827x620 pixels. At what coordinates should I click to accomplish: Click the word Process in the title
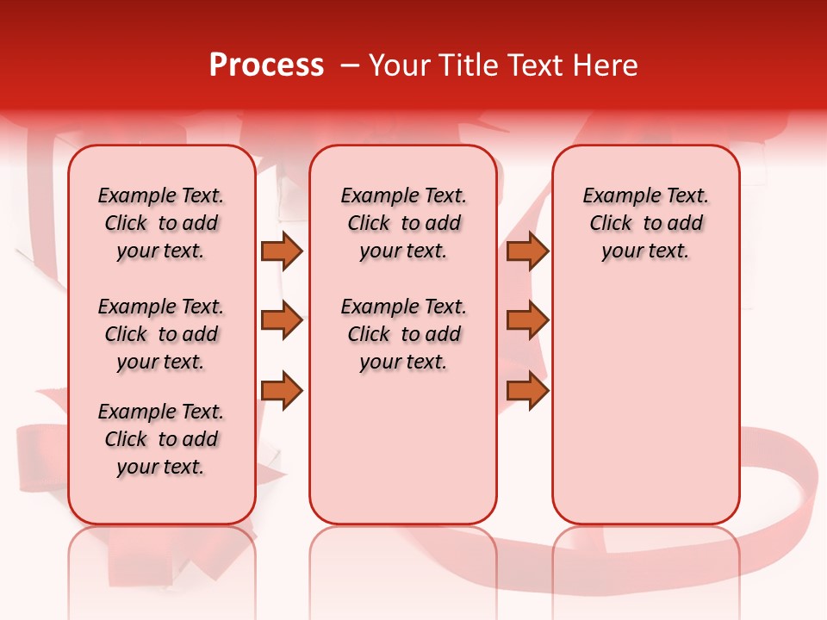pos(266,65)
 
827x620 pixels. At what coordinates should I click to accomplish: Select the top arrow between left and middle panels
pos(282,251)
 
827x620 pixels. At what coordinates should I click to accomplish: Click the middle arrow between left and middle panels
pos(282,320)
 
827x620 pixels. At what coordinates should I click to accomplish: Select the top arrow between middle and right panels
pos(527,251)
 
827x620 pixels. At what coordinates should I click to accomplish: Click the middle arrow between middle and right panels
pos(527,320)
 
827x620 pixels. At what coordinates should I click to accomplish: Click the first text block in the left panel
pos(161,223)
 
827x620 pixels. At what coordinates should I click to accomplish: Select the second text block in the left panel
pos(161,334)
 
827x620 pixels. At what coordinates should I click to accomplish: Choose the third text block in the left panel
pos(161,439)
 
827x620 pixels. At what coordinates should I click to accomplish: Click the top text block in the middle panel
pos(403,223)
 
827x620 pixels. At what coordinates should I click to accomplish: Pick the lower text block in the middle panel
pos(403,334)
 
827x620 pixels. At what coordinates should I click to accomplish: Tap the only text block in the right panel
pos(645,223)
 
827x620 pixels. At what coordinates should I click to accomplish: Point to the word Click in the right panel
pos(611,224)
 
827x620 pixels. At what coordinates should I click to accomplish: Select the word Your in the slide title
pos(398,65)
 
